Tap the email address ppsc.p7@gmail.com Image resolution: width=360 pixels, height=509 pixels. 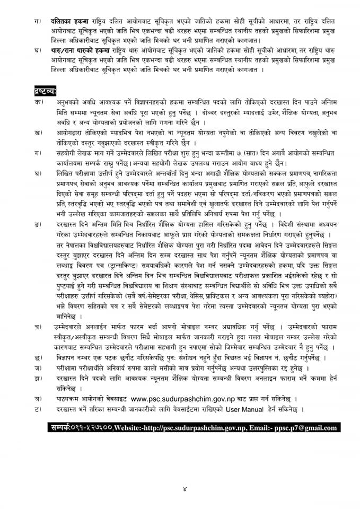tap(304, 427)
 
